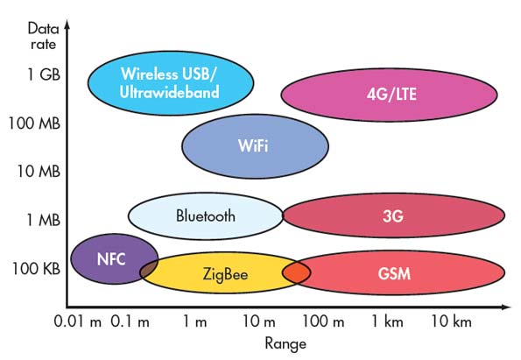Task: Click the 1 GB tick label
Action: pyautogui.click(x=44, y=74)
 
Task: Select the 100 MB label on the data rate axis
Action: pyautogui.click(x=34, y=124)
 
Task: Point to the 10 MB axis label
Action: pyautogui.click(x=39, y=172)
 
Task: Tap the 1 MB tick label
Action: pyautogui.click(x=43, y=220)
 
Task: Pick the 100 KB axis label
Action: pyautogui.click(x=36, y=269)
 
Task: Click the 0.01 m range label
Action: pyautogui.click(x=77, y=321)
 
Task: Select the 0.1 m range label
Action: pyautogui.click(x=130, y=321)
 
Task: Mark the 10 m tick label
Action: pyautogui.click(x=259, y=321)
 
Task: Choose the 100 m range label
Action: pyautogui.click(x=323, y=321)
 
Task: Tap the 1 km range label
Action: pyautogui.click(x=387, y=321)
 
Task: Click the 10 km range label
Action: pyautogui.click(x=451, y=321)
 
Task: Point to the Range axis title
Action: pyautogui.click(x=285, y=343)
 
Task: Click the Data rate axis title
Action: pyautogui.click(x=44, y=36)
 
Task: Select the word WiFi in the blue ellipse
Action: pyautogui.click(x=253, y=145)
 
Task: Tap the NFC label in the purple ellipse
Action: pyautogui.click(x=111, y=259)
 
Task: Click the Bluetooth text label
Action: pyautogui.click(x=206, y=215)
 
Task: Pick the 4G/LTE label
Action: pyautogui.click(x=391, y=94)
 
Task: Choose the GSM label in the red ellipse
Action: pyautogui.click(x=394, y=274)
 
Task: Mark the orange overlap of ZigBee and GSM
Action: pyautogui.click(x=296, y=272)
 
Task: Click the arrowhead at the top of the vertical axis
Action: pyautogui.click(x=67, y=25)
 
